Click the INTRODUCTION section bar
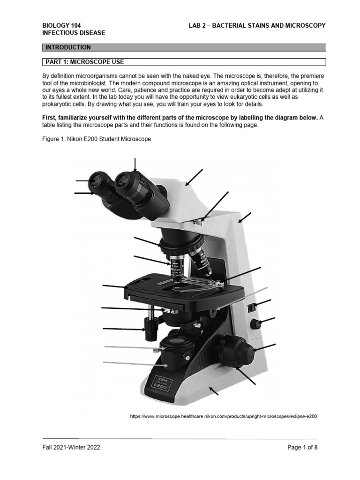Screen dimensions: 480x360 [183, 47]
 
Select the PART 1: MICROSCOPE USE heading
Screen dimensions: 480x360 [183, 62]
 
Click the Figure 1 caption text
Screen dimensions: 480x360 [97, 139]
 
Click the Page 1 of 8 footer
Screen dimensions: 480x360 [302, 447]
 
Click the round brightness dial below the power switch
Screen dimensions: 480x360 [255, 324]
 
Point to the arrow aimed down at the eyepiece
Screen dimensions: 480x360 [135, 165]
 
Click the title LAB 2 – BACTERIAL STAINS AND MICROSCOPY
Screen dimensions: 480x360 [254, 25]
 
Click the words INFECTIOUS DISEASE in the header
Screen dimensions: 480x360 [74, 33]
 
